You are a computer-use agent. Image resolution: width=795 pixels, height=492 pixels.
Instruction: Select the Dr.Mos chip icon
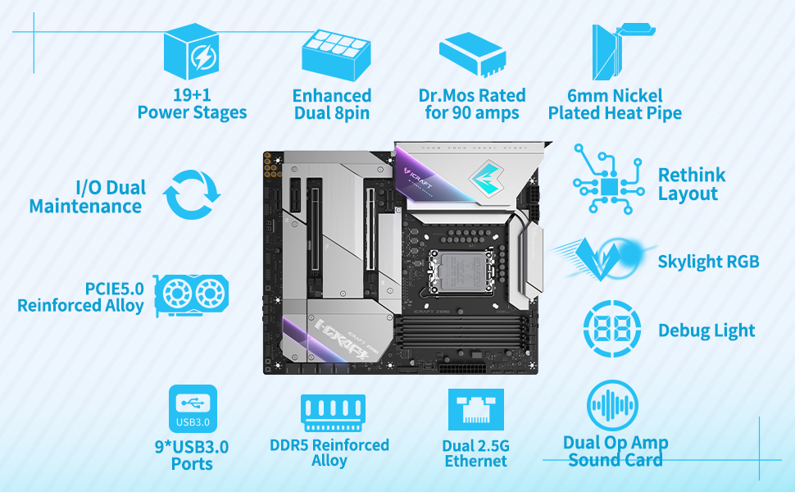473,52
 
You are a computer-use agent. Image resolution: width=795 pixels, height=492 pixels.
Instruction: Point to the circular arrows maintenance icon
192,194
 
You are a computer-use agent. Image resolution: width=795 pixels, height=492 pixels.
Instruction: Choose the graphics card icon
191,294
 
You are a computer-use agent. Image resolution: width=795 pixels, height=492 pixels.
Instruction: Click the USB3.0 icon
193,408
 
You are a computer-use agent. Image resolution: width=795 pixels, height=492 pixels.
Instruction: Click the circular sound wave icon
612,406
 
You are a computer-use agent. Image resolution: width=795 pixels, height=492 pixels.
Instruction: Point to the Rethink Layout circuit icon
608,180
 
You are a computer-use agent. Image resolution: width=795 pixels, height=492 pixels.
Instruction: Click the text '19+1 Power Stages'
192,104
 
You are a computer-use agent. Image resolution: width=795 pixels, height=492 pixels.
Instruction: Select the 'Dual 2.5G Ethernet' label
476,453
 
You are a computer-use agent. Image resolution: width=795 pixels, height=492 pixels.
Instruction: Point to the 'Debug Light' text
706,330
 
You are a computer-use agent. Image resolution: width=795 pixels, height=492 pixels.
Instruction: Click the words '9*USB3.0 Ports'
192,455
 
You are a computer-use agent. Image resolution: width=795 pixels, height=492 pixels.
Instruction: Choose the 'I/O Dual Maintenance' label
86,197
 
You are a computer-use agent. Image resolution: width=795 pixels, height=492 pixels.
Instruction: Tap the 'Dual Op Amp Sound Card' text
616,451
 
